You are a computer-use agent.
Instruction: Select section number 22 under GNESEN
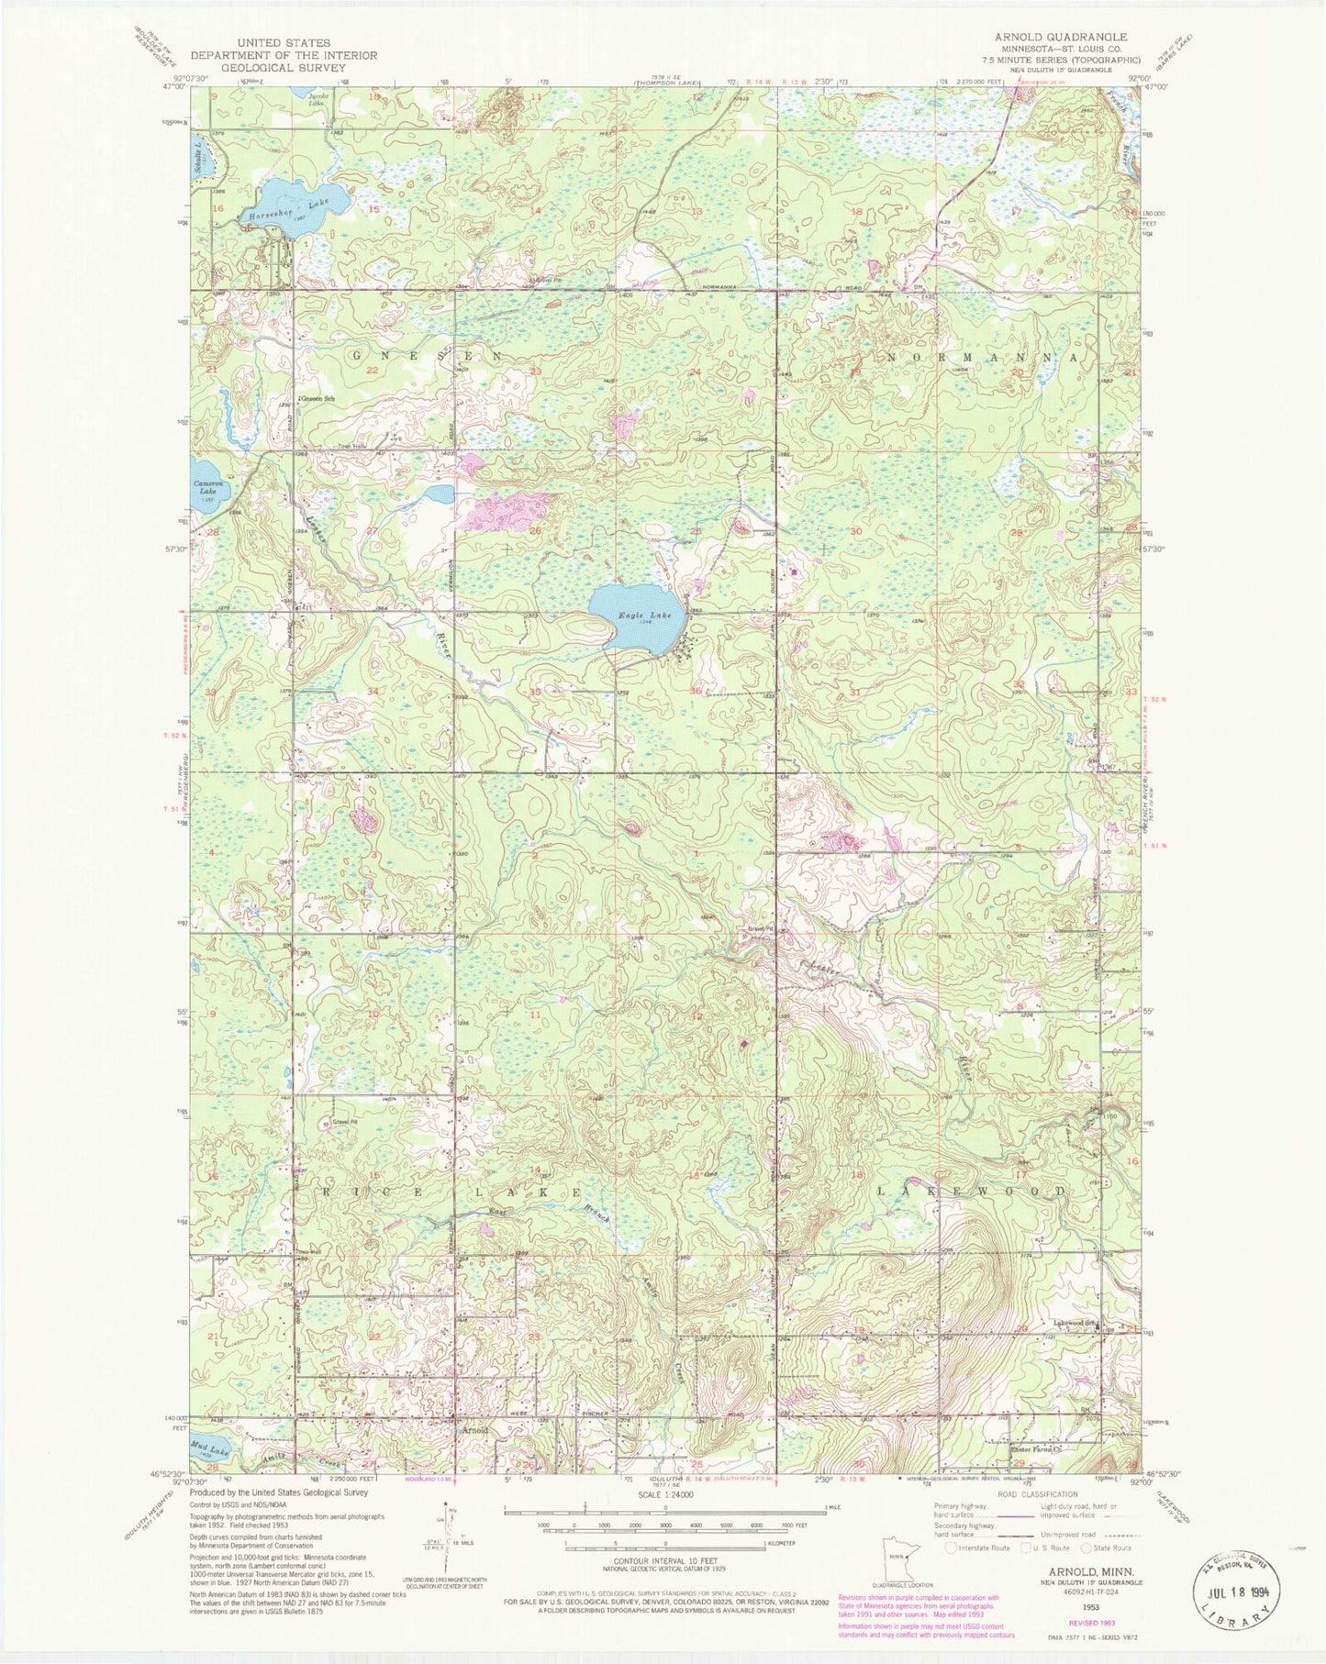[372, 370]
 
